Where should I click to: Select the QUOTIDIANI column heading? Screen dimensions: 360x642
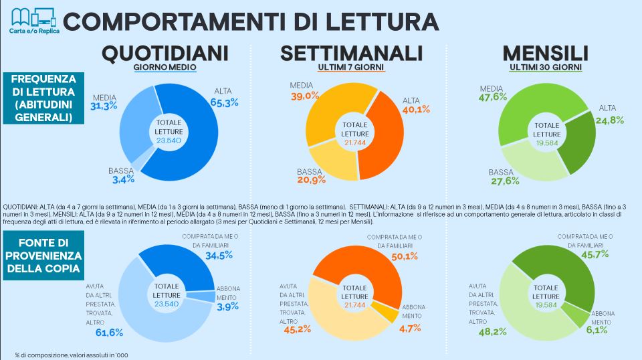(165, 54)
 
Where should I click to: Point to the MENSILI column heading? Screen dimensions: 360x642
(545, 54)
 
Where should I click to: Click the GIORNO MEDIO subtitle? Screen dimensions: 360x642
(165, 68)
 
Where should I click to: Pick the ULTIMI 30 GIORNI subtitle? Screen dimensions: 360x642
(545, 68)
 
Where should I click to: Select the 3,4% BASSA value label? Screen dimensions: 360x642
(123, 179)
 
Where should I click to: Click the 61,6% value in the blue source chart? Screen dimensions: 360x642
(101, 333)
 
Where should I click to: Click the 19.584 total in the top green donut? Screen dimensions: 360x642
(546, 142)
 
